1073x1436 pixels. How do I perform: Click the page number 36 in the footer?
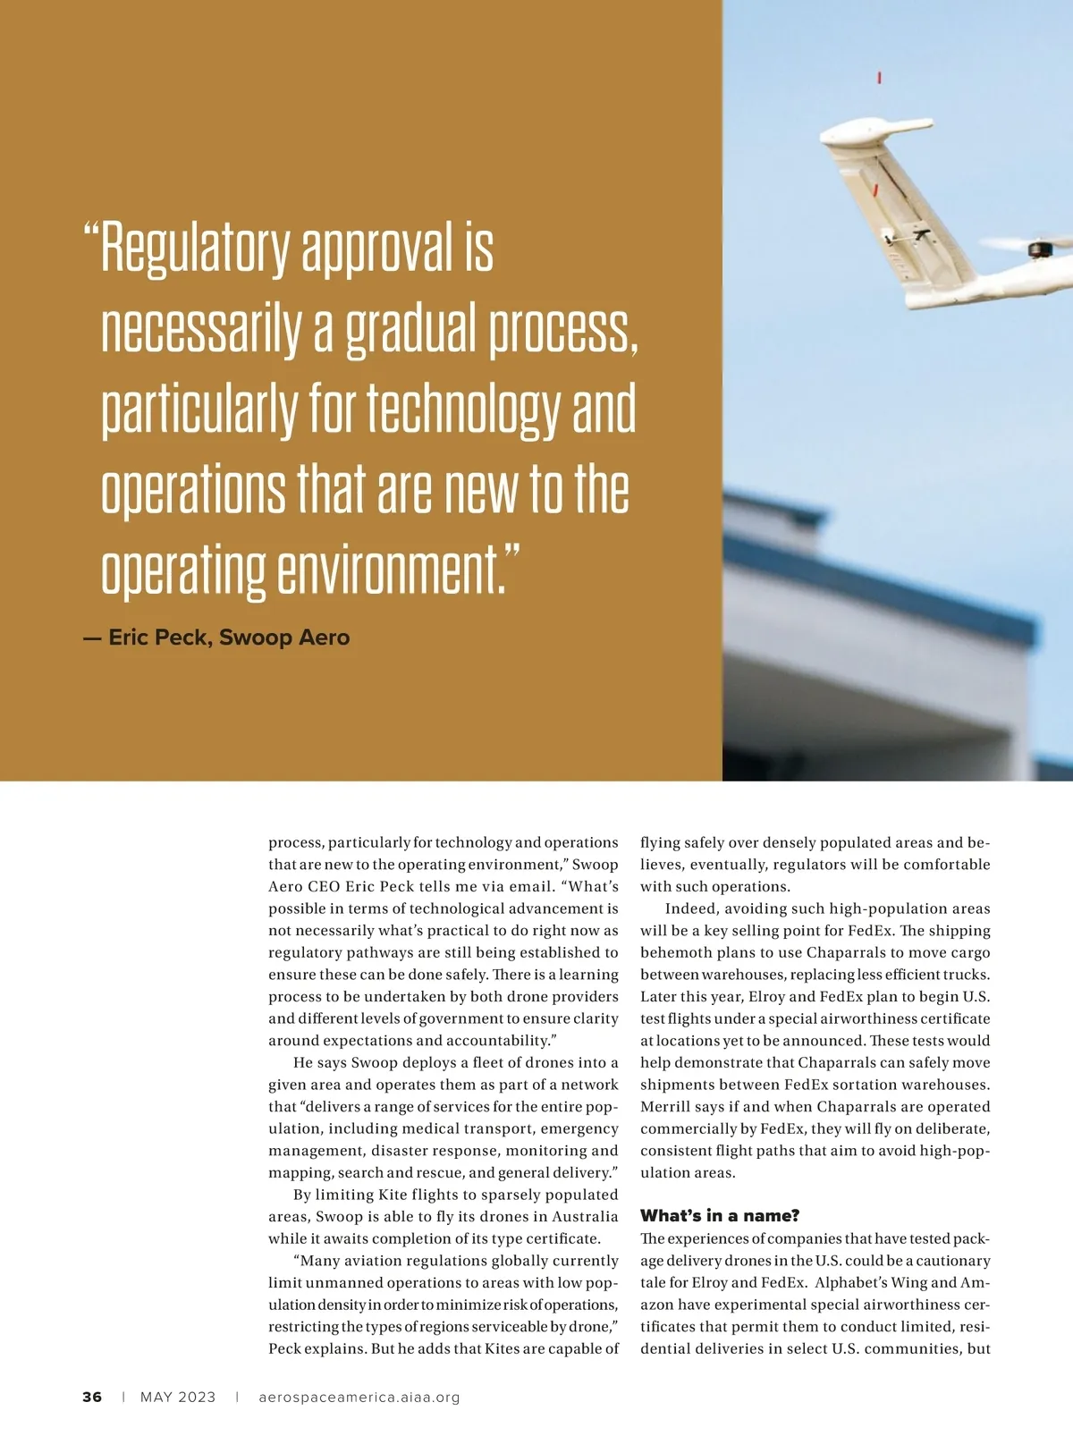click(x=92, y=1397)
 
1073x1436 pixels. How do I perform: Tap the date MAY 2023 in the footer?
click(x=178, y=1397)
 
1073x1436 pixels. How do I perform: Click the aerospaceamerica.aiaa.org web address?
click(x=359, y=1397)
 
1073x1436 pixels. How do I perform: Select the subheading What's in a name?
click(x=720, y=1215)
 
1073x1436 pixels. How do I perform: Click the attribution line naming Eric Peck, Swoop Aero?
click(x=216, y=638)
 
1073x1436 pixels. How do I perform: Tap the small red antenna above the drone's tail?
click(x=880, y=78)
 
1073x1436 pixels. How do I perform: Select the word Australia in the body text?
click(x=584, y=1216)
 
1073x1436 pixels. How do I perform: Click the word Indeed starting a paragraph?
click(x=689, y=908)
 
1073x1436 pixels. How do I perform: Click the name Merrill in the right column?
click(x=666, y=1106)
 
